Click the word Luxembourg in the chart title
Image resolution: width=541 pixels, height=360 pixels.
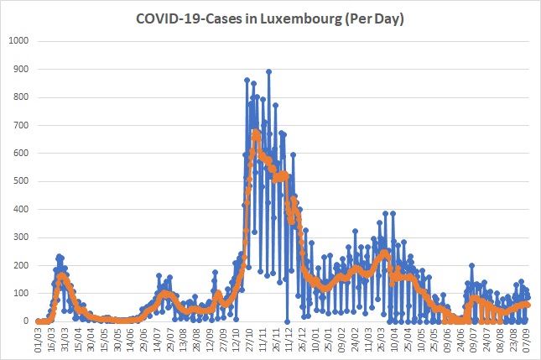pos(300,19)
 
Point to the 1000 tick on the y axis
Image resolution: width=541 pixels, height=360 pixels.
pos(18,41)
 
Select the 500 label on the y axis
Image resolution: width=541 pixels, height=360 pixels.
pos(21,181)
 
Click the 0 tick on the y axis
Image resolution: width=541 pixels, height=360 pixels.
pos(26,321)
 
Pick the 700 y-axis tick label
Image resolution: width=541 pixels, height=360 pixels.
pos(21,125)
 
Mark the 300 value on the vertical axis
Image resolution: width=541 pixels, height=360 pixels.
pos(21,237)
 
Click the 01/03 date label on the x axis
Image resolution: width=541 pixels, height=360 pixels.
pos(39,340)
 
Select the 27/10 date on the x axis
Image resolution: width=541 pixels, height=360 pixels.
pos(249,340)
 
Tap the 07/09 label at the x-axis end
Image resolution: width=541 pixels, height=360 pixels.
pos(525,340)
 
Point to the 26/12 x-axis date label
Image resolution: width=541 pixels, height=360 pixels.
pos(302,340)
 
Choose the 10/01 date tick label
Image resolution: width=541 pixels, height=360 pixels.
pos(315,340)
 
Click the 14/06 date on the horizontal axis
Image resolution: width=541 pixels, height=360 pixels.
pos(130,340)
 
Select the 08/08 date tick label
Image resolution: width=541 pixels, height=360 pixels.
pos(499,340)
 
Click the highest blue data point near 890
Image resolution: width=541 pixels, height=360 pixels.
pos(268,72)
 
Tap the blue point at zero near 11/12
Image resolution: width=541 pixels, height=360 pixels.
pos(287,321)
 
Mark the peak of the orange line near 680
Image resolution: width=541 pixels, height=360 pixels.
pos(255,132)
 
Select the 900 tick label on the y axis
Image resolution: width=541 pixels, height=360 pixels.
pos(21,69)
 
